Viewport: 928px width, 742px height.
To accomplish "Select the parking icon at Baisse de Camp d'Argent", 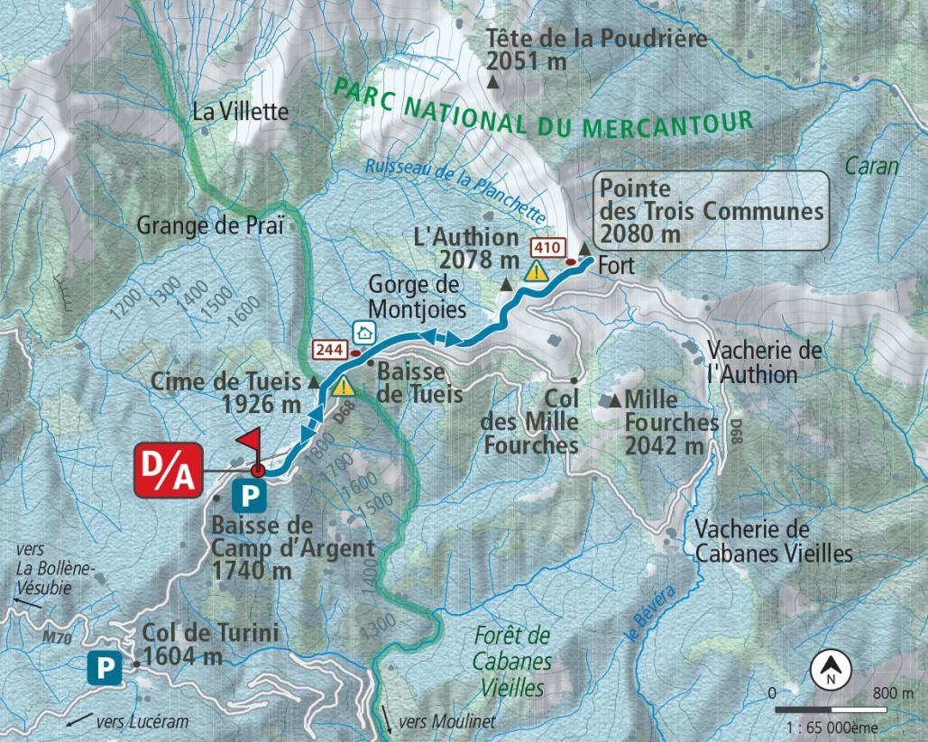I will coord(249,494).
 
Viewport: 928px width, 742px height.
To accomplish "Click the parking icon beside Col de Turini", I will coord(104,668).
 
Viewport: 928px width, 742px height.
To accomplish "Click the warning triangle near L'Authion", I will coord(538,270).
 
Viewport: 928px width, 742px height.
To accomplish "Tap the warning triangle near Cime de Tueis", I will coord(343,388).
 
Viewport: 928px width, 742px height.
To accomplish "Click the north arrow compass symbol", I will coord(830,669).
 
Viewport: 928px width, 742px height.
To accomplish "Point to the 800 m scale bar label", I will coord(893,693).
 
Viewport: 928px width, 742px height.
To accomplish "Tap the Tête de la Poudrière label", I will coord(596,50).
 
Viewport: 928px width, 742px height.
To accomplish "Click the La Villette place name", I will coord(241,113).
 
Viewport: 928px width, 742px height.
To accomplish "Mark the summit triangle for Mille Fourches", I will coord(616,399).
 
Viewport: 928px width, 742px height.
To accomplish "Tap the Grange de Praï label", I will coord(210,224).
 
